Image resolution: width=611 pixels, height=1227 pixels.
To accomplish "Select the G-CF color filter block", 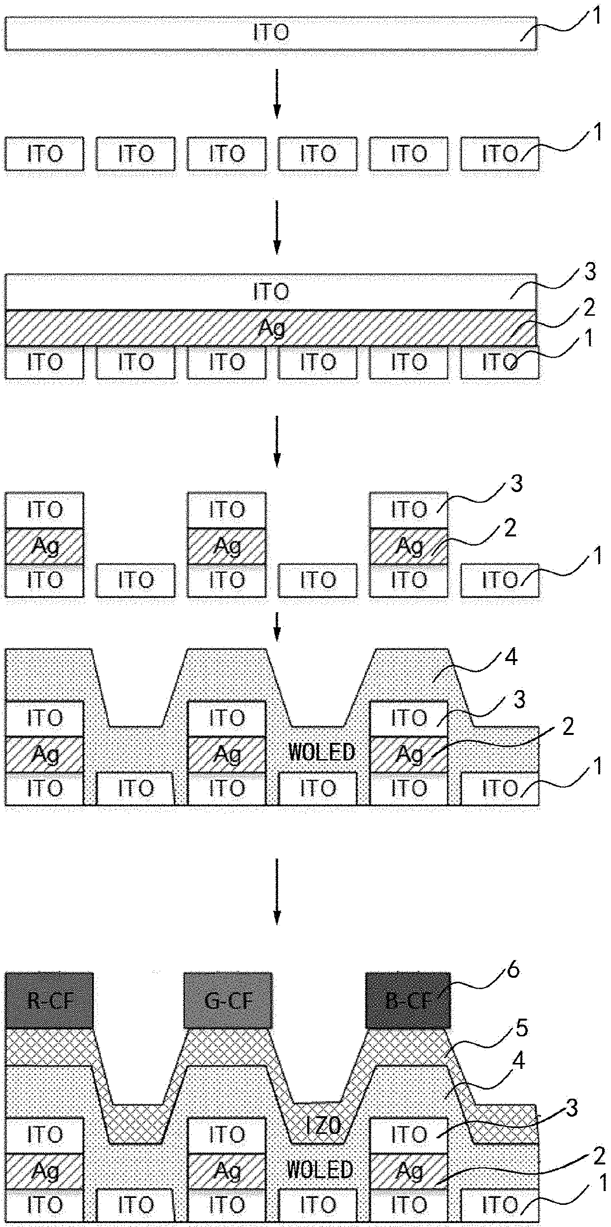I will click(x=228, y=1000).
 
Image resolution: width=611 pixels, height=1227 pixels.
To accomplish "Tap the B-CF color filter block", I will click(x=408, y=1000).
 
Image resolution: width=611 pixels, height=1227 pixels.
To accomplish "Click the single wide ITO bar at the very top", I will click(x=271, y=33).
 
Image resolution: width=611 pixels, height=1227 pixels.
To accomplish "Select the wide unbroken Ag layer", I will click(x=271, y=328).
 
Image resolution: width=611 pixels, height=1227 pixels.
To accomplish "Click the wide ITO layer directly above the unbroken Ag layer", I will click(x=271, y=292).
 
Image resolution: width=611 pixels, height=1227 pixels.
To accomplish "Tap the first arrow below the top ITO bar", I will click(x=277, y=94).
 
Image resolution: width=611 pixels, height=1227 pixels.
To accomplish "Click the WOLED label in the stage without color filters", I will click(x=321, y=752).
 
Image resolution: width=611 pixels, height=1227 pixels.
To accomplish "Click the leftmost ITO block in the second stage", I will click(x=44, y=154).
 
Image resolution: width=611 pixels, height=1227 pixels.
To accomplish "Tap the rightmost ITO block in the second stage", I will click(x=499, y=154).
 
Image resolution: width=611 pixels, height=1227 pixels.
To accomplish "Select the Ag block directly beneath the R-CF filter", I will click(x=44, y=1171).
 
